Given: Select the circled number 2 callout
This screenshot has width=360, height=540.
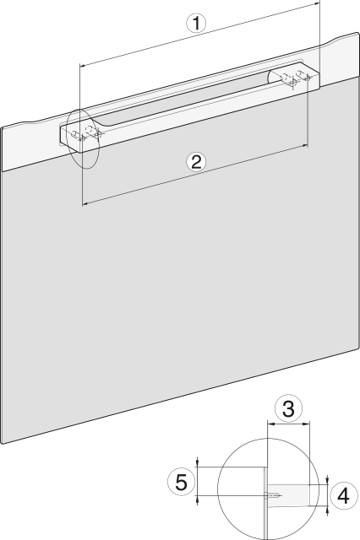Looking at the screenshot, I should tap(197, 161).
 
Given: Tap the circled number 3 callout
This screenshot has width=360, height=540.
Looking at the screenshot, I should tap(288, 408).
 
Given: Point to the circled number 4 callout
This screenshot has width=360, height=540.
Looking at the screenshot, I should tap(342, 493).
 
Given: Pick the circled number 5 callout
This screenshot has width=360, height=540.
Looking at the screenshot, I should tap(179, 482).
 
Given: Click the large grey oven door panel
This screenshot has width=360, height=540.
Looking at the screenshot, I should tap(180, 300).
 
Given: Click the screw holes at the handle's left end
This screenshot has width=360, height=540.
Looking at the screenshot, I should tap(87, 130).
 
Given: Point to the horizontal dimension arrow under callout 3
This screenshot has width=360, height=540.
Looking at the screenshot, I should tap(289, 424).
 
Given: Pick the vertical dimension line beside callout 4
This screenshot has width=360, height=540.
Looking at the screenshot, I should tap(327, 493).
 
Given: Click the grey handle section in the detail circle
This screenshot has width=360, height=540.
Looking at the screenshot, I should tap(296, 493).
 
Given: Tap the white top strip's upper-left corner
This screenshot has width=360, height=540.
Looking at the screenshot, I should tap(3, 125).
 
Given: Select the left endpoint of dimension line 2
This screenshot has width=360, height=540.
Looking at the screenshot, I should tap(83, 205).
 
